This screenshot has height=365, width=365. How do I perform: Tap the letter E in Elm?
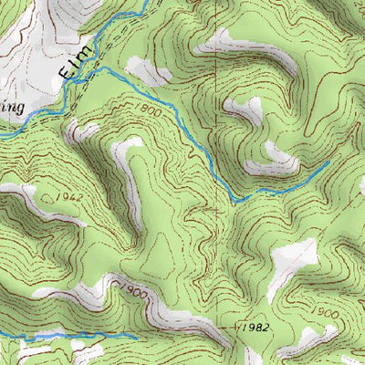(64, 71)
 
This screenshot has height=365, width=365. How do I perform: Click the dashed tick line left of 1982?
(229, 326)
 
